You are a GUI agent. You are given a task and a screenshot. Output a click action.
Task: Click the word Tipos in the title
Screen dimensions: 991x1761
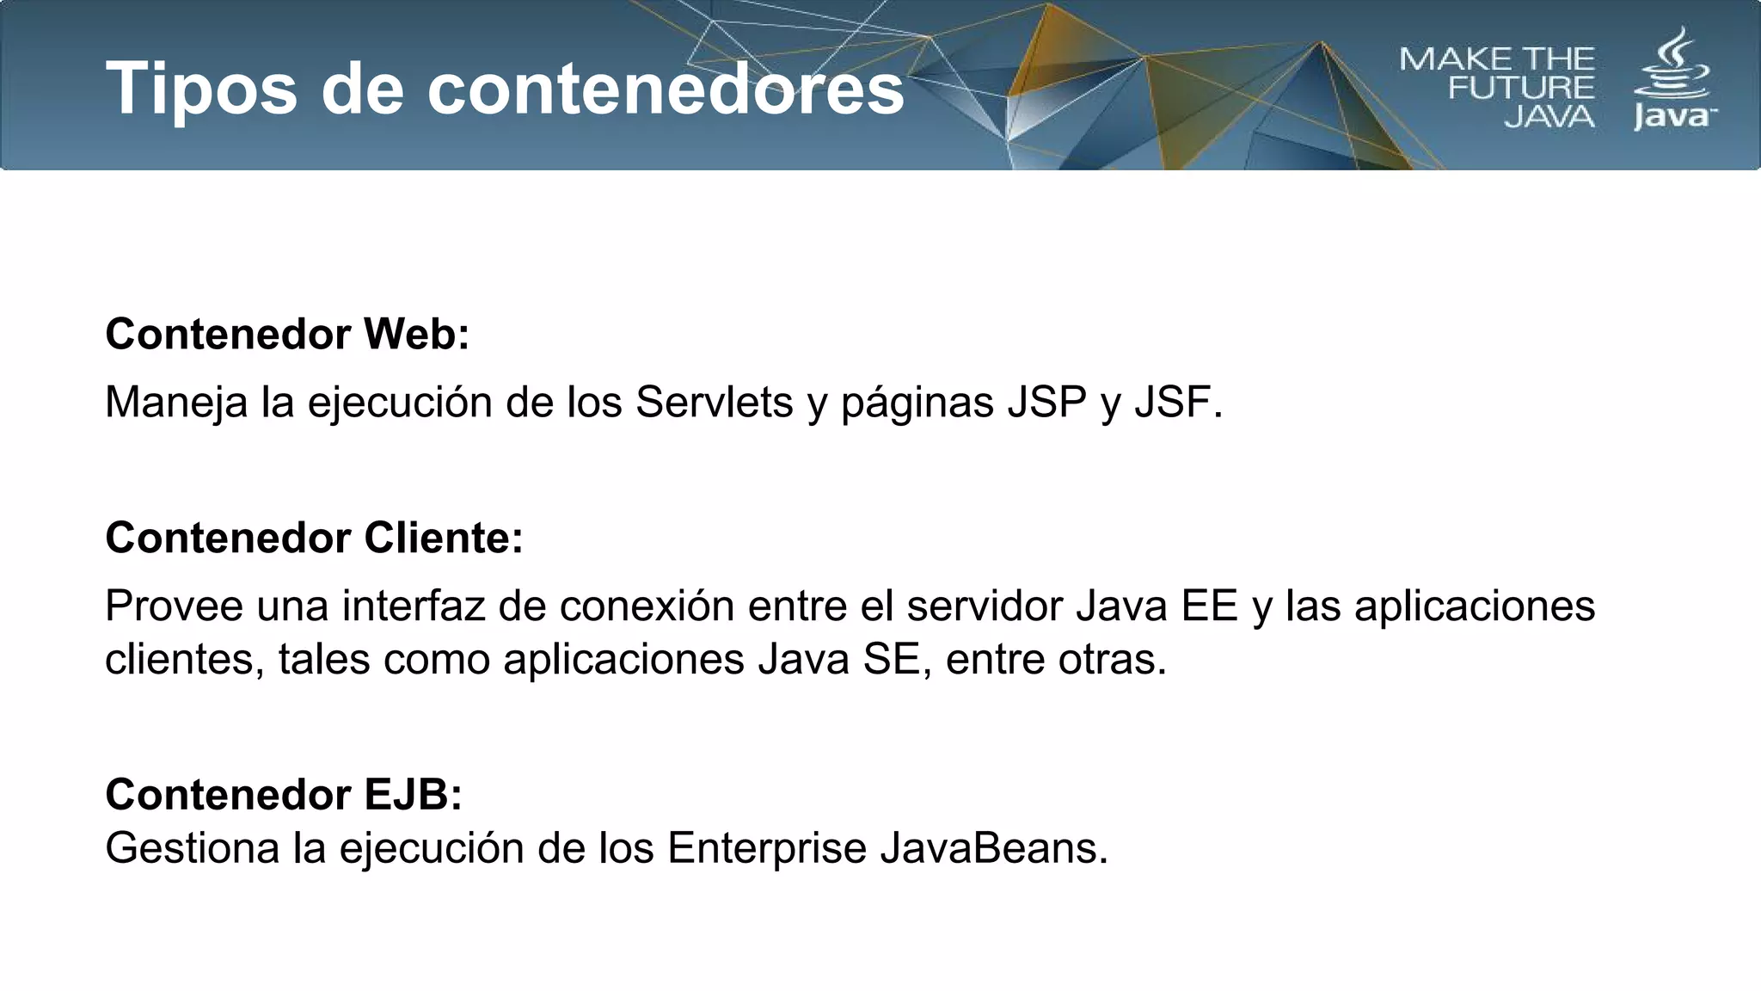pos(201,89)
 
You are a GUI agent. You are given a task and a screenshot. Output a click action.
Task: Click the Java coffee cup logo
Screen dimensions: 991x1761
pos(1672,77)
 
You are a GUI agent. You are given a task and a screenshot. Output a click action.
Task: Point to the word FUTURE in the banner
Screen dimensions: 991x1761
pos(1520,88)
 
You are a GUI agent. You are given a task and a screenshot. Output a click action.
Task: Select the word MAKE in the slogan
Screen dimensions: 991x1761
pos(1454,59)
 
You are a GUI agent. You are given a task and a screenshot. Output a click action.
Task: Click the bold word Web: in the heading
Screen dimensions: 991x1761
pos(416,334)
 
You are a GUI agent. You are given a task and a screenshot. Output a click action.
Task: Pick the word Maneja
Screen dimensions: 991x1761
pos(176,403)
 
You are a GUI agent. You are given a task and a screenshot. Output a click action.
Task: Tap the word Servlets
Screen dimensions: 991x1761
pos(714,402)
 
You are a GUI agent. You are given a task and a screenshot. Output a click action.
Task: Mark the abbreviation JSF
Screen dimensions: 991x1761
pos(1177,402)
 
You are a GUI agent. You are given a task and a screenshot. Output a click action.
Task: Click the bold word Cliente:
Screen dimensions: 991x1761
pos(443,539)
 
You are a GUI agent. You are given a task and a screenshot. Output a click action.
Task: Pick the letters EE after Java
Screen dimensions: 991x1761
pos(1209,606)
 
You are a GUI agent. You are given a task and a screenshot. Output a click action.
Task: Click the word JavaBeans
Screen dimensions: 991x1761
pos(993,848)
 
